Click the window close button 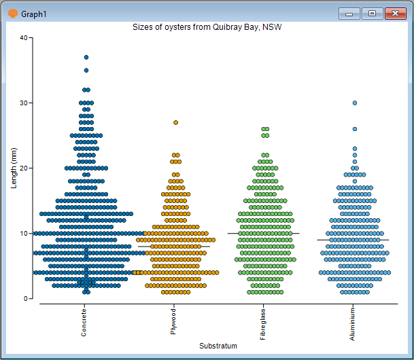pyautogui.click(x=394, y=13)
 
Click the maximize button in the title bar pyautogui.click(x=372, y=13)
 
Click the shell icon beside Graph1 pyautogui.click(x=12, y=13)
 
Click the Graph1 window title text pyautogui.click(x=33, y=13)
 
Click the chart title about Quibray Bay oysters pyautogui.click(x=207, y=27)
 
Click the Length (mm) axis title pyautogui.click(x=14, y=168)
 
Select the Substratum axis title pyautogui.click(x=218, y=346)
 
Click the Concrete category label pyautogui.click(x=84, y=321)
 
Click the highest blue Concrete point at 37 pyautogui.click(x=86, y=57)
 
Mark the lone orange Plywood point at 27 pyautogui.click(x=176, y=122)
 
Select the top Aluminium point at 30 pyautogui.click(x=355, y=103)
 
